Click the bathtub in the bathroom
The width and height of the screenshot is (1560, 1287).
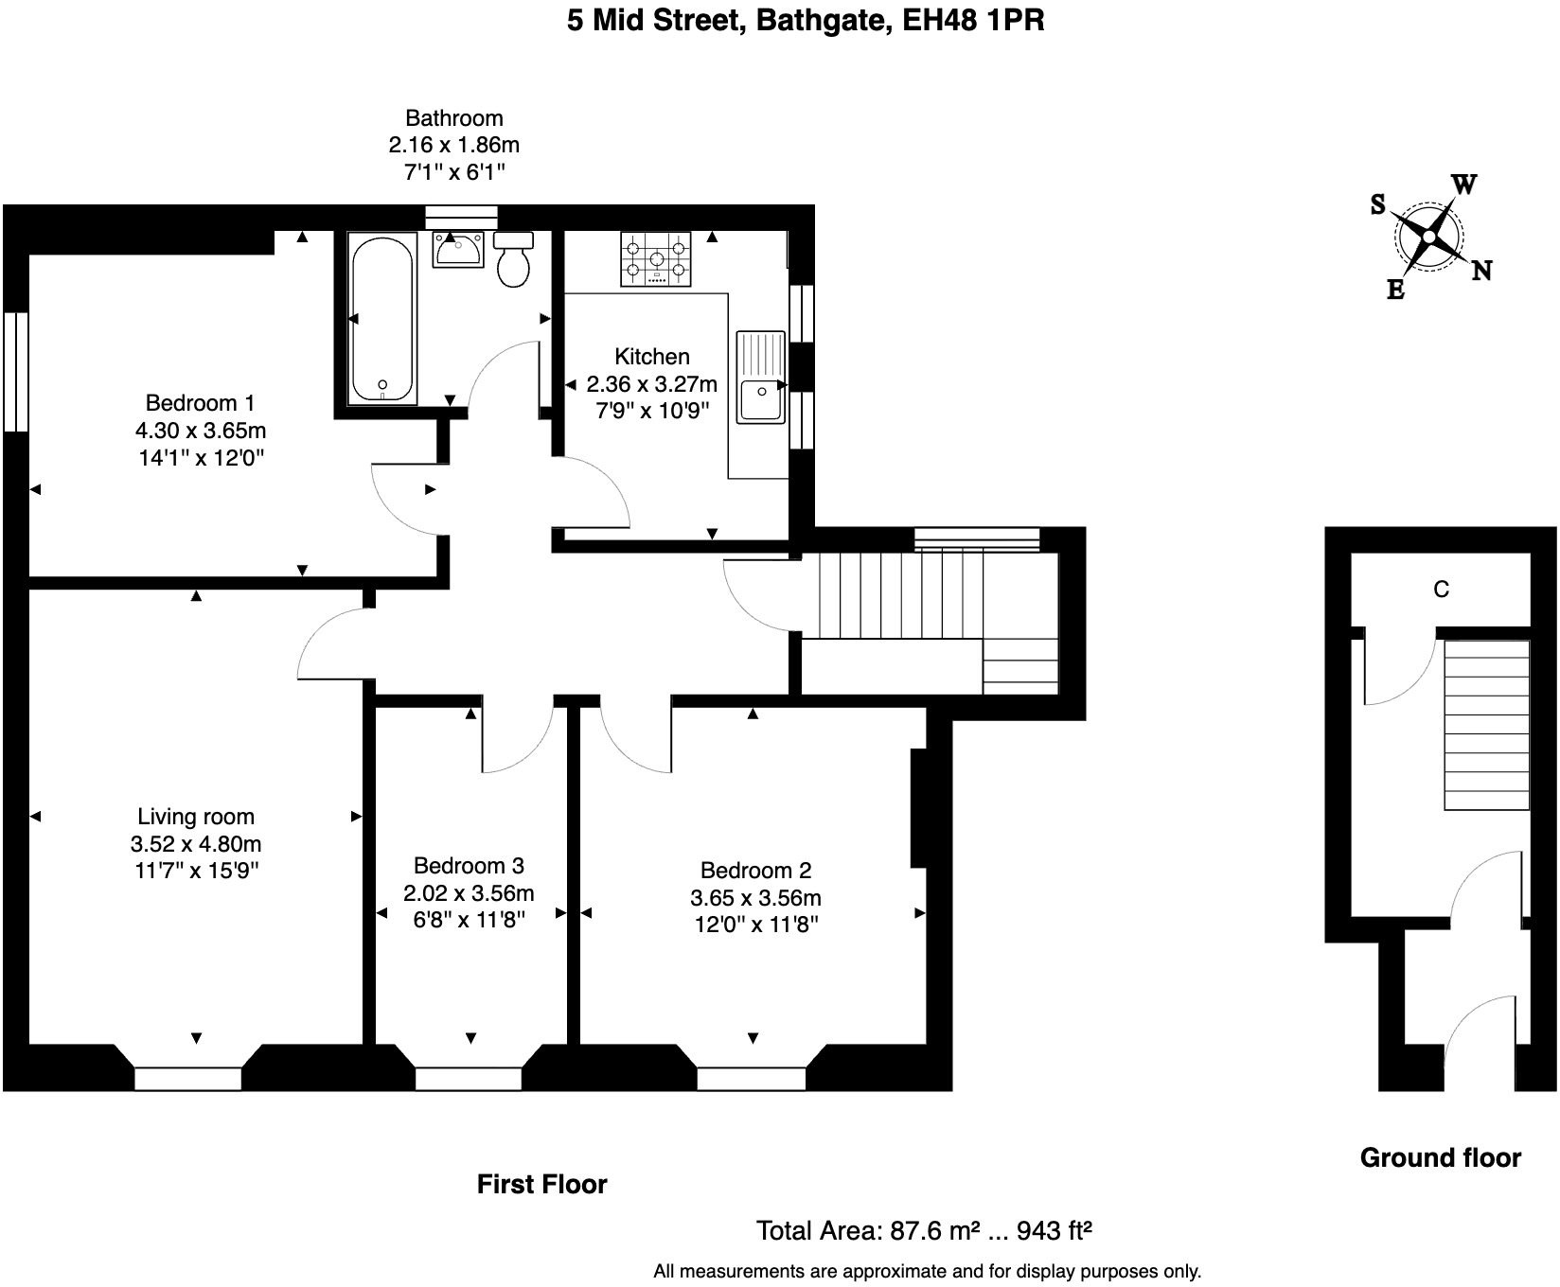[x=382, y=320]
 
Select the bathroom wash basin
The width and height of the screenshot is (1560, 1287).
[x=459, y=250]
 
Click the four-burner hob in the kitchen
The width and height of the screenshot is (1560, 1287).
[x=655, y=258]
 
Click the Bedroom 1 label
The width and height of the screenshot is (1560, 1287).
[x=200, y=402]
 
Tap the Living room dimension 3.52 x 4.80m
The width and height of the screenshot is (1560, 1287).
[x=196, y=844]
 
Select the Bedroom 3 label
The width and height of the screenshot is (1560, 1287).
[x=469, y=865]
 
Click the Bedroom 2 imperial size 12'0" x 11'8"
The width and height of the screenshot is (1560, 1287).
[x=755, y=925]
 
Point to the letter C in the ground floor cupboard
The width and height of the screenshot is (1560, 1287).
[x=1441, y=590]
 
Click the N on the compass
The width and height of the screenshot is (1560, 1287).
[x=1481, y=272]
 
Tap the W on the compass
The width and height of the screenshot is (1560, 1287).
[x=1463, y=185]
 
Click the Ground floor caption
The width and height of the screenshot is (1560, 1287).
[x=1440, y=1157]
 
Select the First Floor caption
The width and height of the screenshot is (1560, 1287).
[x=541, y=1184]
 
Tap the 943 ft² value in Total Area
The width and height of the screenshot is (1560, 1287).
[x=1054, y=1230]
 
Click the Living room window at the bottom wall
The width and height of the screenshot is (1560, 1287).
[x=187, y=1078]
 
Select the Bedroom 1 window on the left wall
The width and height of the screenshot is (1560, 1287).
[x=16, y=372]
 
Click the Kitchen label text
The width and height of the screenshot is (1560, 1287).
[x=651, y=357]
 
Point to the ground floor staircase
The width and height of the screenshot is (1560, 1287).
[x=1486, y=725]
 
